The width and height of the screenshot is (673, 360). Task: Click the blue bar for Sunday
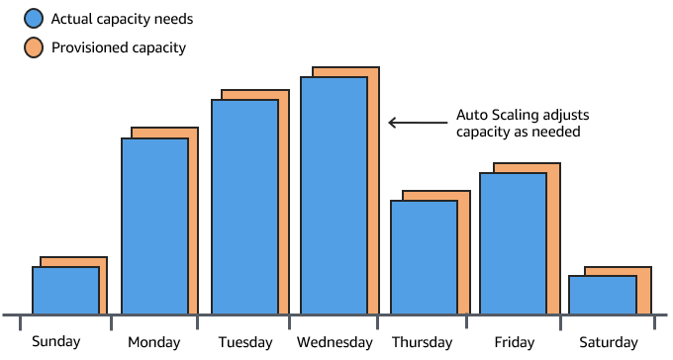(65, 291)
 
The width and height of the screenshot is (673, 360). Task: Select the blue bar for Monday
(154, 226)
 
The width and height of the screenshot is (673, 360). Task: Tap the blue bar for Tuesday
(244, 207)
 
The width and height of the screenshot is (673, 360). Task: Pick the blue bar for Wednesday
(334, 196)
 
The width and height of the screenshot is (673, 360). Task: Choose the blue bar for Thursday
(424, 258)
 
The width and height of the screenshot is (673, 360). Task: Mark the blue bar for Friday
(513, 244)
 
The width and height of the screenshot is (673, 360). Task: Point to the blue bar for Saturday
(602, 295)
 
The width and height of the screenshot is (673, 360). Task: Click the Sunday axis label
(56, 342)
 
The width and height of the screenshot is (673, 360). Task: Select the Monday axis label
(154, 343)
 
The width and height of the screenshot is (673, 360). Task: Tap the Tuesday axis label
(244, 343)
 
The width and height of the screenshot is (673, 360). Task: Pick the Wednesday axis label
(335, 343)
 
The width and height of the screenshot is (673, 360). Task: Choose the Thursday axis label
(423, 343)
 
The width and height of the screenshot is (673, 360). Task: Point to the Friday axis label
(514, 343)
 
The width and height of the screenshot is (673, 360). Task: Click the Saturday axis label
(609, 343)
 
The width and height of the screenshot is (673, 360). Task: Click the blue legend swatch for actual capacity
(33, 17)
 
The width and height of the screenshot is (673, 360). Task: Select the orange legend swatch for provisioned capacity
(33, 45)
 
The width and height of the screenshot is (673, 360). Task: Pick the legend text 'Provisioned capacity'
(118, 46)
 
